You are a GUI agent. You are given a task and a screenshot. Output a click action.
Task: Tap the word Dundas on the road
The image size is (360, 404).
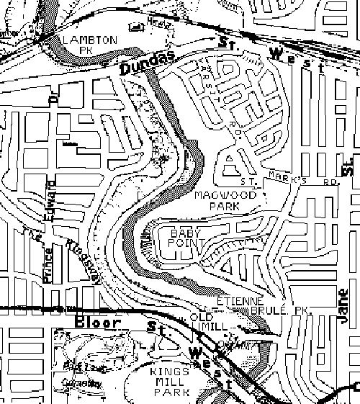138,67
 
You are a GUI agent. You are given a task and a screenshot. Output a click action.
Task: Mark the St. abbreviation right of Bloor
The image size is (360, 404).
152,328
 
